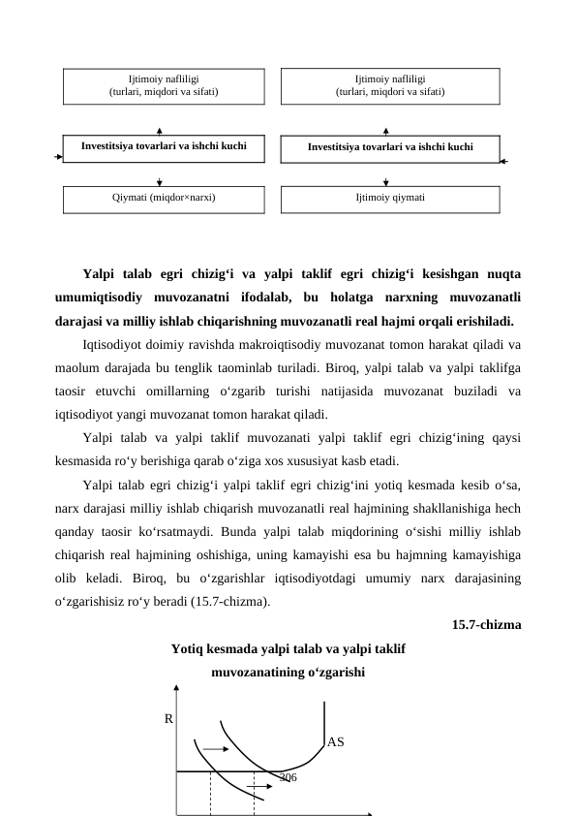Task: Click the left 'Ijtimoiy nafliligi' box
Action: click(x=163, y=85)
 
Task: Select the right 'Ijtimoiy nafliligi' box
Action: click(x=390, y=85)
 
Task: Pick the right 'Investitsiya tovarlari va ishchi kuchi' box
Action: click(x=390, y=148)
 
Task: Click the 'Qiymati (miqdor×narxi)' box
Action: click(x=163, y=199)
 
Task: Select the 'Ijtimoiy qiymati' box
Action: click(x=390, y=199)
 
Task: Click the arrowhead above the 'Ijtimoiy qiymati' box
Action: click(x=386, y=181)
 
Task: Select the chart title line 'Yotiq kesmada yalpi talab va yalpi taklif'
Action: click(x=288, y=648)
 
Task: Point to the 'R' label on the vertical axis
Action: click(x=168, y=720)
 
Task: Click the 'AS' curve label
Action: click(x=336, y=742)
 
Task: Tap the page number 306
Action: click(x=288, y=777)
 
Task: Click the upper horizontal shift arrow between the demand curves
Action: click(x=217, y=749)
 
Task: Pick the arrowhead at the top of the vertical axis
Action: click(x=176, y=690)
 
